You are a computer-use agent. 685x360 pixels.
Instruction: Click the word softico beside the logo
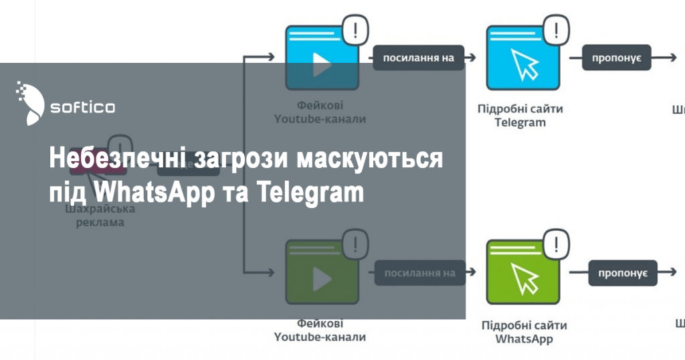pos(82,106)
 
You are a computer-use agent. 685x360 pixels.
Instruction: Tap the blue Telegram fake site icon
pos(521,59)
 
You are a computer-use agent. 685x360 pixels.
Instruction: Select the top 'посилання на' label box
pos(418,58)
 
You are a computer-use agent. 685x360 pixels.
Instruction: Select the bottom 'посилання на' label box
pos(419,272)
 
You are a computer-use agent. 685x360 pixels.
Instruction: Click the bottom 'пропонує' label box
pos(622,272)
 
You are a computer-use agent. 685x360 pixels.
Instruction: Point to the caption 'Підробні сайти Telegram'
pos(520,116)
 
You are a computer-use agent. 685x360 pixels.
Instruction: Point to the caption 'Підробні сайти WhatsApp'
pos(524,332)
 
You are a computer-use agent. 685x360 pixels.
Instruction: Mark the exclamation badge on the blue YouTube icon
pos(355,29)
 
